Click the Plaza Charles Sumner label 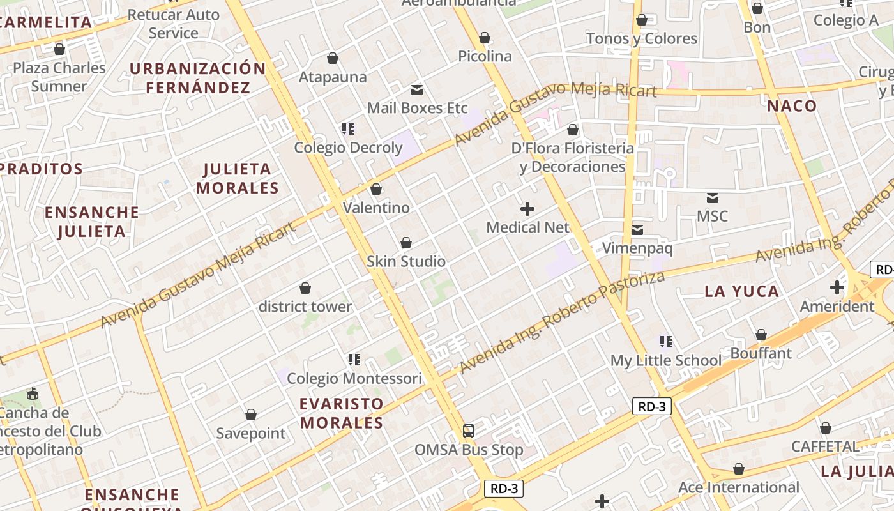[59, 77]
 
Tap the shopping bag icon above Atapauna [333, 59]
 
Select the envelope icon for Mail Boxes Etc [417, 90]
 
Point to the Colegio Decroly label [348, 148]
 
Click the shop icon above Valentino [376, 189]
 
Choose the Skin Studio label [406, 261]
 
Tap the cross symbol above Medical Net [527, 209]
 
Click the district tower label [305, 307]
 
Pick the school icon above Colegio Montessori [354, 360]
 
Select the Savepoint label [251, 433]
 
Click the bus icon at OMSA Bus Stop [469, 431]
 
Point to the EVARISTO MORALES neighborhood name [342, 413]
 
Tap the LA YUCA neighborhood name [742, 292]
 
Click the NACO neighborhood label [792, 106]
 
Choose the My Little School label [666, 360]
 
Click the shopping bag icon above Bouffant [761, 335]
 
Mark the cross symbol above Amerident [837, 287]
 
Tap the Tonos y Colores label [642, 39]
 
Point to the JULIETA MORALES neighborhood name [238, 178]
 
